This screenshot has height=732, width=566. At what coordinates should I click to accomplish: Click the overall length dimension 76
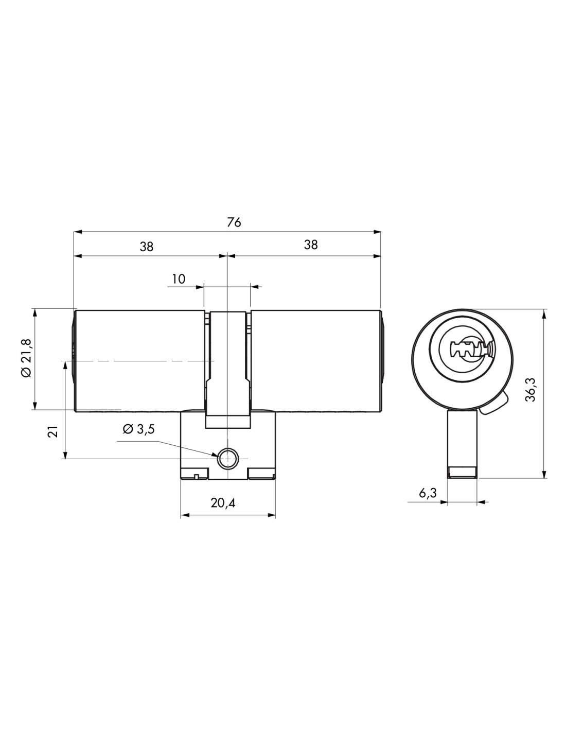point(234,223)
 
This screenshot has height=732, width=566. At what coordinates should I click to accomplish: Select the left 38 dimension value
point(147,247)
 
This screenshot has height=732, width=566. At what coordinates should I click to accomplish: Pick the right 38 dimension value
point(311,245)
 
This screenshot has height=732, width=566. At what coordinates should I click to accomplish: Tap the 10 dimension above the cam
point(179,279)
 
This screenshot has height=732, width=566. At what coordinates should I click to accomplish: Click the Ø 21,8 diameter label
point(26,358)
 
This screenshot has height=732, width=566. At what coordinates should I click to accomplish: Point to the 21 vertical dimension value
point(53,431)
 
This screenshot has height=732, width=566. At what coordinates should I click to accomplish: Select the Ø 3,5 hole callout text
point(138,429)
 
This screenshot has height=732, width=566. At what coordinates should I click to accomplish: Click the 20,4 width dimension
point(223,503)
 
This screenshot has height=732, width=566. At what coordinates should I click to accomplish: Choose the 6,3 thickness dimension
point(428,493)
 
